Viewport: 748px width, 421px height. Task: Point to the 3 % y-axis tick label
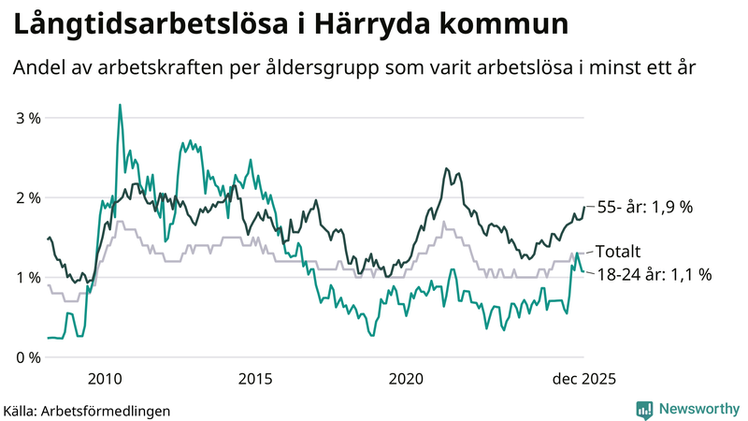pos(28,118)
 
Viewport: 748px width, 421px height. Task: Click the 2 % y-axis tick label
pos(28,197)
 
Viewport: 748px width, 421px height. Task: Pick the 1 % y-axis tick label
pos(28,278)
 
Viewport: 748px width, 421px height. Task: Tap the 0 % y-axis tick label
pos(28,357)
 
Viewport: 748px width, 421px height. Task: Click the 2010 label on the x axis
pos(104,378)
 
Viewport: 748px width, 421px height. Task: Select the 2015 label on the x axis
pos(255,378)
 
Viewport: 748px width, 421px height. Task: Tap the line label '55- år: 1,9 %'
pos(644,207)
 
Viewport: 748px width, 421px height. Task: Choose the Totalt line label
pos(618,252)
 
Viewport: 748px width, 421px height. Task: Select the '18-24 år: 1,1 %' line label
pos(654,274)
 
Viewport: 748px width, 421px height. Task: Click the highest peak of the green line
pos(120,105)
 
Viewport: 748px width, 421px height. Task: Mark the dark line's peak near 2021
pos(446,168)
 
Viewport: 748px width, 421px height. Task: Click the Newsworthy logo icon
pos(644,409)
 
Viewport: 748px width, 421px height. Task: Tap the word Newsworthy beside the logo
pos(700,409)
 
